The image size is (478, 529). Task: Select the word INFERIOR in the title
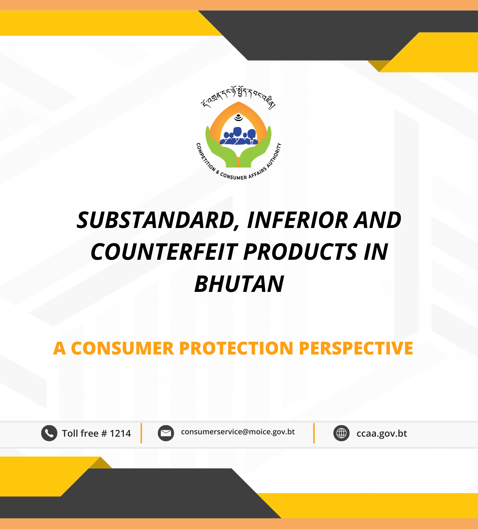click(x=297, y=220)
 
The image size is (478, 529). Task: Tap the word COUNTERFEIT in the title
click(x=164, y=252)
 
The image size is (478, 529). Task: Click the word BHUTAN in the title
click(x=239, y=284)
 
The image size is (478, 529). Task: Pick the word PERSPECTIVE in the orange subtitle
click(x=356, y=348)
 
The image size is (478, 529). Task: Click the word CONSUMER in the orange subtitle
click(x=122, y=348)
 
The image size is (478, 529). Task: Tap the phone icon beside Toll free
click(x=49, y=433)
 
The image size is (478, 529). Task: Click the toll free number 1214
click(x=120, y=433)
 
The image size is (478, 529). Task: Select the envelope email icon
click(x=166, y=433)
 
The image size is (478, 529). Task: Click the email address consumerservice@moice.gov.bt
click(x=238, y=432)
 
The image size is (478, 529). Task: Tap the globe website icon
click(x=341, y=433)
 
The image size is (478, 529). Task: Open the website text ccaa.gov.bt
click(x=382, y=434)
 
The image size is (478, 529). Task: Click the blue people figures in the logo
click(x=239, y=136)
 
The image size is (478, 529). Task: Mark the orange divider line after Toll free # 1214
click(x=141, y=433)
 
